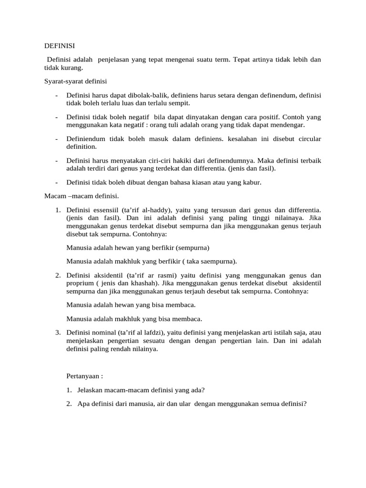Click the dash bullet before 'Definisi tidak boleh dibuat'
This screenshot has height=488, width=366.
tap(57, 182)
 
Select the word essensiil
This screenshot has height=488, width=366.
tap(103, 210)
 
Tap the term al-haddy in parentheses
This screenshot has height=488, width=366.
tap(160, 210)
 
